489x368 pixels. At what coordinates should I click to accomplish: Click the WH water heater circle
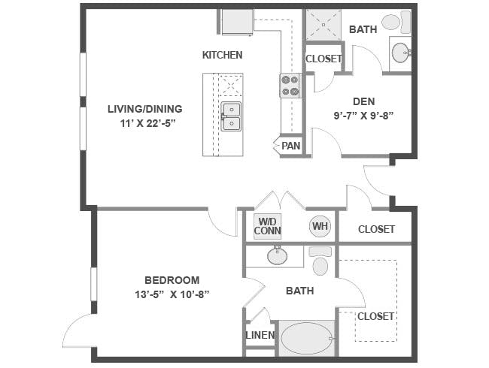[320, 226]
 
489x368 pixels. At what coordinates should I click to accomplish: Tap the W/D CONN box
[267, 226]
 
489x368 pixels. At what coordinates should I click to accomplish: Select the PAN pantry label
[290, 146]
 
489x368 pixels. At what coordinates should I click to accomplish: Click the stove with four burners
[290, 86]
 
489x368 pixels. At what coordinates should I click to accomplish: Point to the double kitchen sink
[231, 116]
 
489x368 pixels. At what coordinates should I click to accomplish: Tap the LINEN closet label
[260, 335]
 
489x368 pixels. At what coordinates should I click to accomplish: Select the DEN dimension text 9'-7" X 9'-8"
[363, 116]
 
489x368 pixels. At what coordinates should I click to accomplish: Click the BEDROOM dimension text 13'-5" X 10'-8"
[172, 294]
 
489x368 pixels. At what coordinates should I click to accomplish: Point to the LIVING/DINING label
[145, 109]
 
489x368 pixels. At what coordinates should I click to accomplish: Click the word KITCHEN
[223, 55]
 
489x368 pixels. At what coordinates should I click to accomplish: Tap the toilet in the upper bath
[396, 22]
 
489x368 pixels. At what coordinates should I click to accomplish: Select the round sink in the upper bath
[401, 53]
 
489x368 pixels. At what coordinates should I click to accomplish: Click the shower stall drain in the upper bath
[323, 25]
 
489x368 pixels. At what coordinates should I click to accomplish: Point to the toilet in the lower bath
[320, 261]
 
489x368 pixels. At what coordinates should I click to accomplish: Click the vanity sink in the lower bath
[277, 255]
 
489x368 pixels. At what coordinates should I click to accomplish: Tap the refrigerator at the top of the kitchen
[237, 22]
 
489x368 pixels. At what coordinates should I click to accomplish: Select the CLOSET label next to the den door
[323, 59]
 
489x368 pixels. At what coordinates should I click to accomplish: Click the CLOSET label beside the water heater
[376, 230]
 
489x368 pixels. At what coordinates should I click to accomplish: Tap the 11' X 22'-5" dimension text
[148, 124]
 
